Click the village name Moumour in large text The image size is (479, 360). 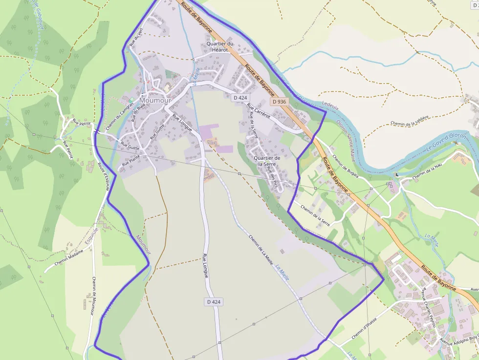pyautogui.click(x=155, y=100)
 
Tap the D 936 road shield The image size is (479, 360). pyautogui.click(x=279, y=102)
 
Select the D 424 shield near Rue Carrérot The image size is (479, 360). pyautogui.click(x=240, y=98)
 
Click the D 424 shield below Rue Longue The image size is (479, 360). pyautogui.click(x=214, y=302)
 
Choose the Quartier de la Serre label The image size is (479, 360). pyautogui.click(x=267, y=161)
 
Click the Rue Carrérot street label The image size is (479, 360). pyautogui.click(x=259, y=111)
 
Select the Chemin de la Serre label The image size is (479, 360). pyautogui.click(x=315, y=215)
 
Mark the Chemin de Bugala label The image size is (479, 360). pyautogui.click(x=346, y=167)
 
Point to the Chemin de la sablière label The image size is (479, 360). pyautogui.click(x=410, y=121)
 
